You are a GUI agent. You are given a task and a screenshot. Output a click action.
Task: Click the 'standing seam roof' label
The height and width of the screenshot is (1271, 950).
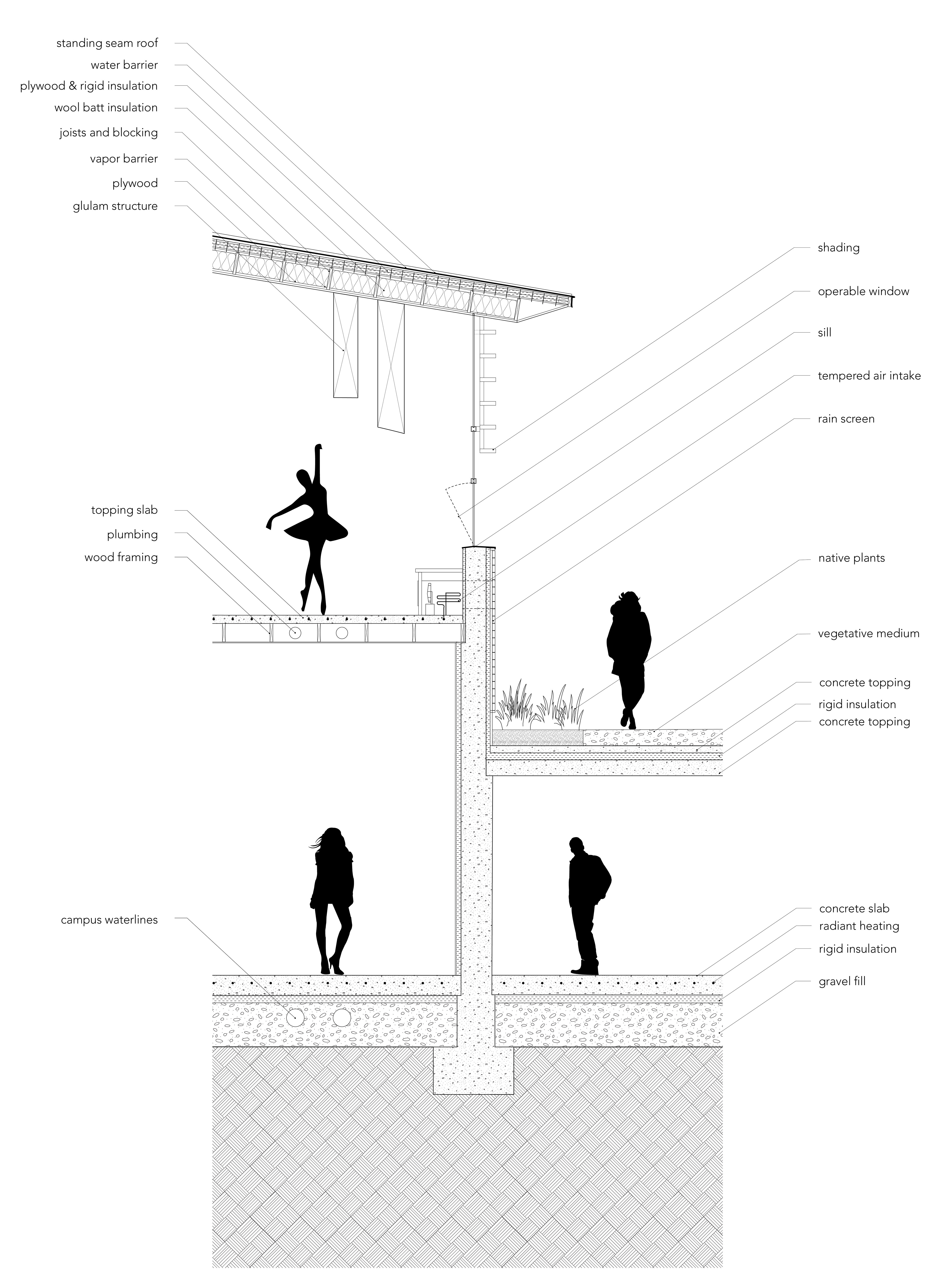[107, 43]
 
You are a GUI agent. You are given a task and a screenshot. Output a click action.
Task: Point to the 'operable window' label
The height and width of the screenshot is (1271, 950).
[863, 291]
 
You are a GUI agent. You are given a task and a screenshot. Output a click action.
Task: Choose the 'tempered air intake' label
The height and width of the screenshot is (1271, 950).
[869, 376]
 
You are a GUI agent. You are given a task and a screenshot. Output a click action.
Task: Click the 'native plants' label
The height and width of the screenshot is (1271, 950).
[851, 558]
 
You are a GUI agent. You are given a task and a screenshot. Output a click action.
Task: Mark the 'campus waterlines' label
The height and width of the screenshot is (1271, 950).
[109, 920]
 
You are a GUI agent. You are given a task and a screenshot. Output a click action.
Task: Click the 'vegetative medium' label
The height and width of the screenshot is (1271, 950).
[868, 634]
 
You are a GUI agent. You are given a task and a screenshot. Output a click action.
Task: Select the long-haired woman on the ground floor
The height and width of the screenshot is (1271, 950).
[332, 902]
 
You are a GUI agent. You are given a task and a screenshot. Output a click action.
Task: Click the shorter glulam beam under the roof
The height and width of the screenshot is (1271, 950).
[346, 345]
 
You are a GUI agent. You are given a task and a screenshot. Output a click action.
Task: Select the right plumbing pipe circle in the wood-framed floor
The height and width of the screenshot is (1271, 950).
[342, 633]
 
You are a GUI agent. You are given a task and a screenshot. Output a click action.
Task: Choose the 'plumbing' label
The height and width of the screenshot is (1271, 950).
[132, 534]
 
